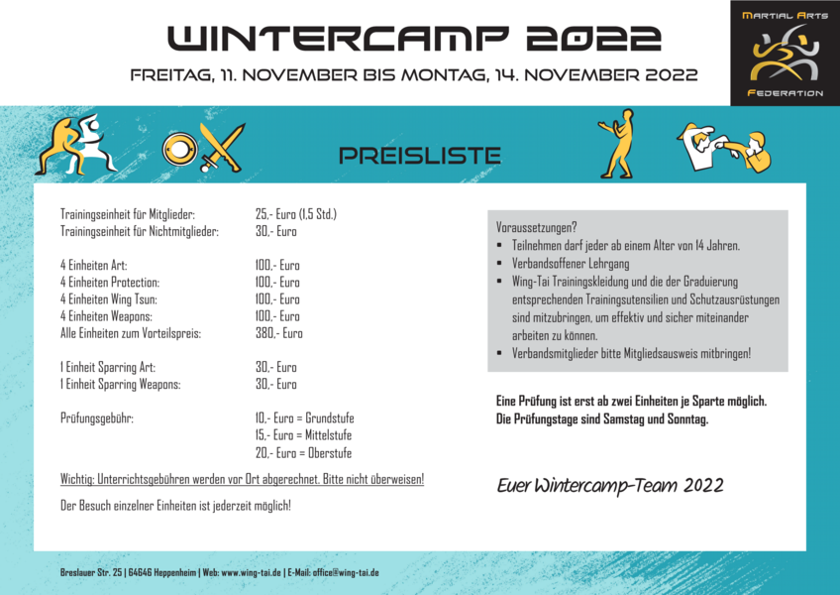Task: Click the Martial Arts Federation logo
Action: point(785,53)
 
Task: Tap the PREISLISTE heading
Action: point(420,156)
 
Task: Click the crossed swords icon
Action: point(222,147)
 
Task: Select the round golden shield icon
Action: point(180,149)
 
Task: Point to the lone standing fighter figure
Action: point(617,144)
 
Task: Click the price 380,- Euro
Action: point(278,333)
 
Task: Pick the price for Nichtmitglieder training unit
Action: point(276,231)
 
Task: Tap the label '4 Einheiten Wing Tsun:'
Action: point(109,298)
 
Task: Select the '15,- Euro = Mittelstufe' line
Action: point(303,435)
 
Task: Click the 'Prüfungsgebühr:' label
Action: point(97,418)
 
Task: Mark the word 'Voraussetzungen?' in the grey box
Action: point(536,227)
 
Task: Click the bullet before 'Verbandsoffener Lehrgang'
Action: point(500,264)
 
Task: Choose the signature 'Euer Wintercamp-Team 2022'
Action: point(610,486)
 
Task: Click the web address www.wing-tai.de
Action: point(252,572)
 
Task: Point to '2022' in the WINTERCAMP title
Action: point(593,39)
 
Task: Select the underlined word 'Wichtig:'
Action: point(77,479)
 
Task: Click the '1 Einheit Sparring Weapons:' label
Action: point(121,384)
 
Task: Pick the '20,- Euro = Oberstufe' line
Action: point(303,453)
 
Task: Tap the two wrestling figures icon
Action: point(75,144)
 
